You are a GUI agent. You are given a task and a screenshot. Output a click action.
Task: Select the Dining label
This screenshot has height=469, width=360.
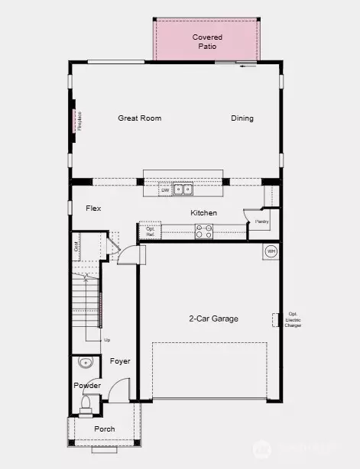pos(242,118)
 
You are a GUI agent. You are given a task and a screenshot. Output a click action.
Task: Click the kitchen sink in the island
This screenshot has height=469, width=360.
pos(183,189)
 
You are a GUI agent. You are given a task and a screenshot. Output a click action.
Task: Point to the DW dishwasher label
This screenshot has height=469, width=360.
pos(164,190)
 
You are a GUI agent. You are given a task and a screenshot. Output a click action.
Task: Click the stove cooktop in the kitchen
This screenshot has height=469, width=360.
pos(203,231)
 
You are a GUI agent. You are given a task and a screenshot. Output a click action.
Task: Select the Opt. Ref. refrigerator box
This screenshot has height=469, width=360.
pos(150,231)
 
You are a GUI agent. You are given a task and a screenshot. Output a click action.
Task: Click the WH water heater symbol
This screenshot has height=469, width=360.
pos(271,251)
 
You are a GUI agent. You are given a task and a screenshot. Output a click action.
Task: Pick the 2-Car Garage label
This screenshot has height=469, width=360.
pos(214,319)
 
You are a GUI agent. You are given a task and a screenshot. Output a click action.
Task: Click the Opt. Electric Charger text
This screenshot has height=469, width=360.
pos(293,319)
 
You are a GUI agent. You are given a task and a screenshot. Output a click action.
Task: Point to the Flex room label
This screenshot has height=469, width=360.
pos(93,208)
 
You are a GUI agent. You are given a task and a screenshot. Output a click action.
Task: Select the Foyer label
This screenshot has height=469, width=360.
pos(120,361)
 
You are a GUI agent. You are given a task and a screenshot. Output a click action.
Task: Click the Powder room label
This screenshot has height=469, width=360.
pos(87,385)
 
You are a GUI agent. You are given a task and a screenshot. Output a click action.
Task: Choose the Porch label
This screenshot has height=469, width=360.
pos(104,429)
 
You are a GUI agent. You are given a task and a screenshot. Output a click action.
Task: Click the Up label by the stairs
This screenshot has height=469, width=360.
pos(107,339)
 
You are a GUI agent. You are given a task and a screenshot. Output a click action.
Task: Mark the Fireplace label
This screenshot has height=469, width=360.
pos(79,121)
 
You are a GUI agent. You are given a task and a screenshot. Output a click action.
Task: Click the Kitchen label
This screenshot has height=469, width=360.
pos(204,213)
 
